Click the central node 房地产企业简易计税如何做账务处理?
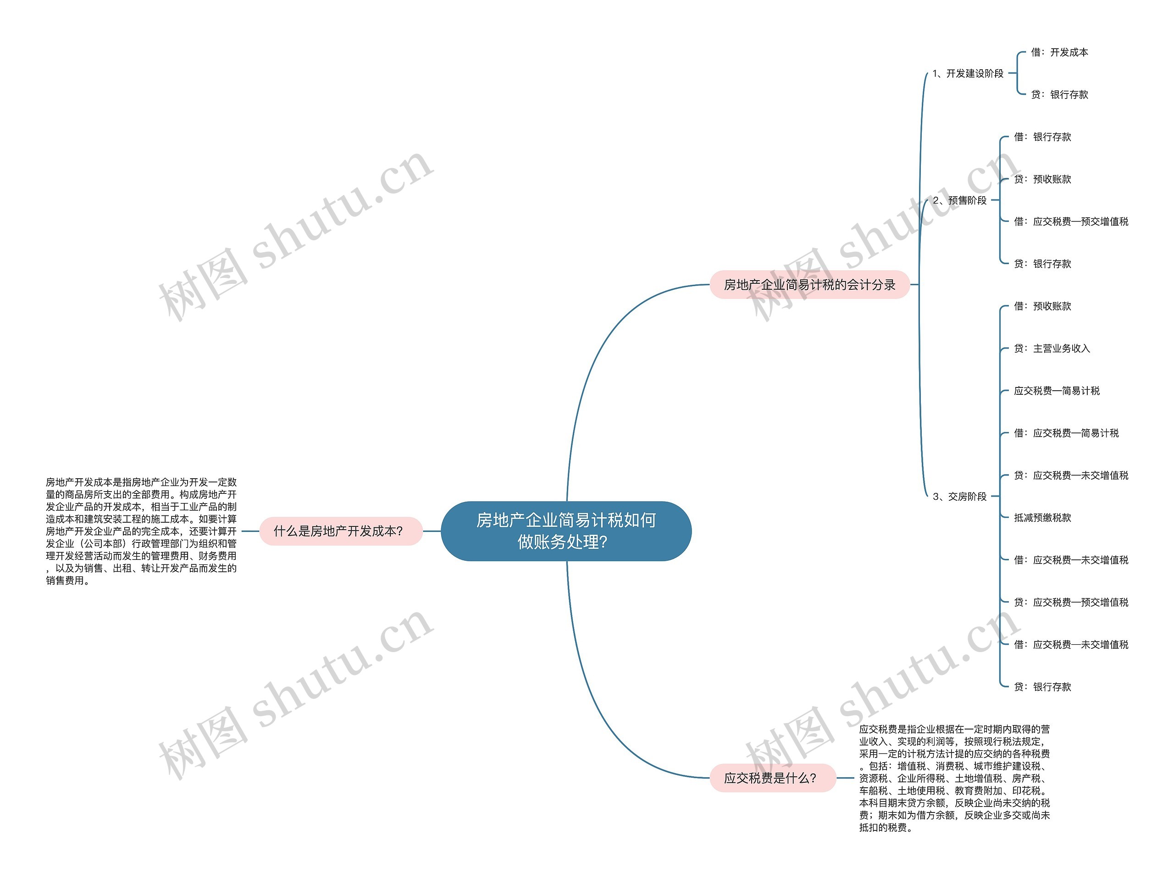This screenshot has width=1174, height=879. pyautogui.click(x=566, y=531)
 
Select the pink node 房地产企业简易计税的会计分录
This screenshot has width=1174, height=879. pyautogui.click(x=809, y=285)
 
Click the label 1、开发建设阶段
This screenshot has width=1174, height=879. pyautogui.click(x=968, y=74)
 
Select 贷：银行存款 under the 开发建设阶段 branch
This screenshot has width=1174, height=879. pyautogui.click(x=1059, y=95)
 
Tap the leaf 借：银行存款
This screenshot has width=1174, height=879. pyautogui.click(x=1042, y=137)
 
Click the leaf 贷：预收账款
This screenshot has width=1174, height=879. pyautogui.click(x=1042, y=179)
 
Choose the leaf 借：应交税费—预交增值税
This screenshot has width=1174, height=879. pyautogui.click(x=1071, y=222)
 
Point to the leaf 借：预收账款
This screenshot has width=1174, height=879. pyautogui.click(x=1042, y=306)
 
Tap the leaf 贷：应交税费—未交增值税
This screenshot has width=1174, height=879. pyautogui.click(x=1071, y=475)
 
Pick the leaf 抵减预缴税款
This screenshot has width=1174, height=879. pyautogui.click(x=1042, y=518)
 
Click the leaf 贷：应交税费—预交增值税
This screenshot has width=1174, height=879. pyautogui.click(x=1071, y=603)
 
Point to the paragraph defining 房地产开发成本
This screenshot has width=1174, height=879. pyautogui.click(x=141, y=531)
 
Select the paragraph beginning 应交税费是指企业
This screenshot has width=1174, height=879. pyautogui.click(x=954, y=778)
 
